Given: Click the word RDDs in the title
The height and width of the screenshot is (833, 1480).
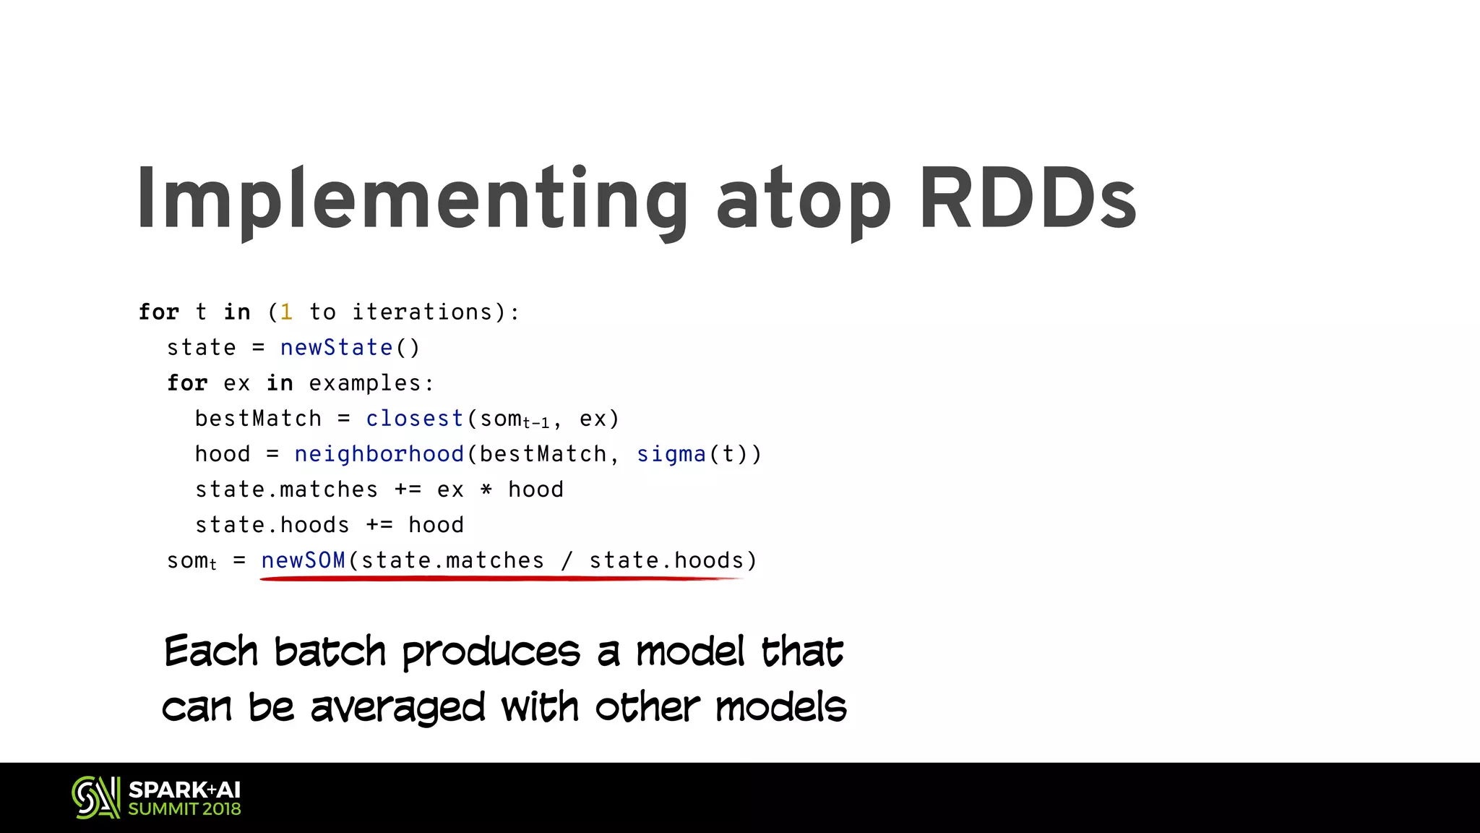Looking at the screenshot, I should coord(1028,198).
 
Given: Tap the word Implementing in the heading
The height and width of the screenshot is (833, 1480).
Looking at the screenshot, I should coord(413,200).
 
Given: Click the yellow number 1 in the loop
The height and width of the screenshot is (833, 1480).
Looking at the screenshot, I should coord(286,312).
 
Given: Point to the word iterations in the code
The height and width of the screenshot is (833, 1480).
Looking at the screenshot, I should coord(422,312).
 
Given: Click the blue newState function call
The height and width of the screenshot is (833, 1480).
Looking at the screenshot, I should coord(336,348).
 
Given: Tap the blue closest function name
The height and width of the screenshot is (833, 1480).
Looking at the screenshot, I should coord(414,419).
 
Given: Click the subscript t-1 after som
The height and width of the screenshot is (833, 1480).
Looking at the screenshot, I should coord(536,424).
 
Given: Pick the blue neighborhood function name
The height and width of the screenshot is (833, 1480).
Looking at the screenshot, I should coord(379,454).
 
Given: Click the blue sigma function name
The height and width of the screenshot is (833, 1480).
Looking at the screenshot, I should coord(671,454).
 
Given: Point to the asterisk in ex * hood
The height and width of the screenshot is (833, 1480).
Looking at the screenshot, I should coord(486,490).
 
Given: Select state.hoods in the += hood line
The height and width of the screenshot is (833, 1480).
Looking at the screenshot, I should coord(272,525).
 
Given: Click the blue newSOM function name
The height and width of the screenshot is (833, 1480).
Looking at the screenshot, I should coord(304,560).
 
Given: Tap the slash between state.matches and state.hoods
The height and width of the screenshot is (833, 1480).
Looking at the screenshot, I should coord(567,560).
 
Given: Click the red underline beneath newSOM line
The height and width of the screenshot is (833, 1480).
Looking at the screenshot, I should coord(499,578).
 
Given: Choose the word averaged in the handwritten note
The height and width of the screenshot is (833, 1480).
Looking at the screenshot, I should coord(397,707).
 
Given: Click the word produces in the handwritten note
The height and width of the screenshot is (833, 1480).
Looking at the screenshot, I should coord(491,652).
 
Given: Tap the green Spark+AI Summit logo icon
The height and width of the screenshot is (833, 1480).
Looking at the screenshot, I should coord(95,798).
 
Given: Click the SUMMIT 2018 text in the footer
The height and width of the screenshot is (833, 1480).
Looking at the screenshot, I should coord(184,809).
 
